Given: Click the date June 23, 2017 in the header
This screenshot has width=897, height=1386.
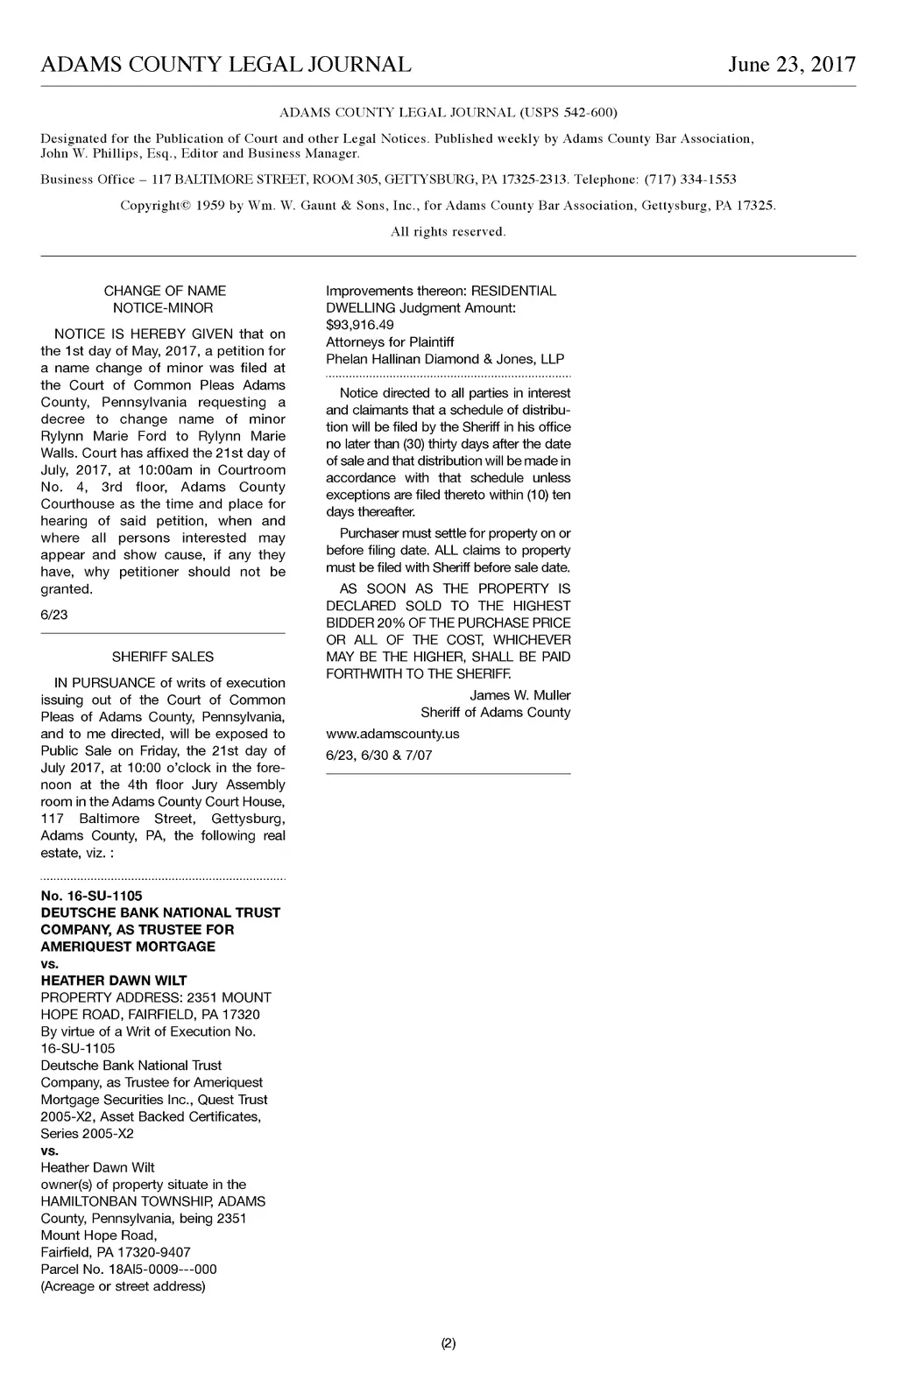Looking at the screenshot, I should coord(791,65).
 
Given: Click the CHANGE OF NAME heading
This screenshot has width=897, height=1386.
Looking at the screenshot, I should coord(165,291).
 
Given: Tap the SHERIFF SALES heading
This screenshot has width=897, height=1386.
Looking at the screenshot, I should coord(163,657).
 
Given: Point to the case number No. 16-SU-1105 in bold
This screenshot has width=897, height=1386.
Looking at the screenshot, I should coord(91,896).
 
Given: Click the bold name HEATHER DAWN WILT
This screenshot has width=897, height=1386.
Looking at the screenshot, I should coord(114,981).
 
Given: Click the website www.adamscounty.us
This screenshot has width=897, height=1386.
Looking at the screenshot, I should coord(392,734).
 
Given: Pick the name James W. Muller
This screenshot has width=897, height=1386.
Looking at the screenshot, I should coord(519,695).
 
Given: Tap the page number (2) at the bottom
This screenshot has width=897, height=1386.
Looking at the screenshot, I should coord(448,1343).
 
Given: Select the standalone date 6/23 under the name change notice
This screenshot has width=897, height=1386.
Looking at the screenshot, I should coord(54,615).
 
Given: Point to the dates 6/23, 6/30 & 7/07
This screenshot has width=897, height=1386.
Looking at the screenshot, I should coord(379,755).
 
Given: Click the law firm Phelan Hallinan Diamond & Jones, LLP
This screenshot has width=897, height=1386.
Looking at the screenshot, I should coord(445,359).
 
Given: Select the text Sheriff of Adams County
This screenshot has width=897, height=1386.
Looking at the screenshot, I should coord(495,713).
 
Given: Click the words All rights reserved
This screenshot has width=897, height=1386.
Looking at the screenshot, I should coord(448,232).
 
